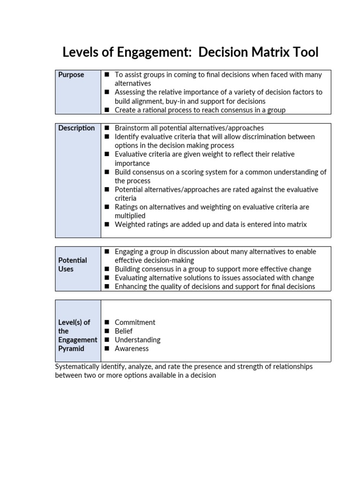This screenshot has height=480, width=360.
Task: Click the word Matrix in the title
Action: [268, 52]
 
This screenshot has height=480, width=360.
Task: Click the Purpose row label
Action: [71, 75]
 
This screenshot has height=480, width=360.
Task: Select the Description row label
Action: [76, 128]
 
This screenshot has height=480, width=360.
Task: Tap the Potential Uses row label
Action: [73, 264]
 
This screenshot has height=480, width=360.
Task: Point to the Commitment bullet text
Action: [135, 322]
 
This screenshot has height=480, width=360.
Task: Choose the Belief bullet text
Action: [124, 331]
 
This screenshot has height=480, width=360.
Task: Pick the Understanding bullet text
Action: [137, 339]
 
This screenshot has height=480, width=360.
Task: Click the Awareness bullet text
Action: [132, 348]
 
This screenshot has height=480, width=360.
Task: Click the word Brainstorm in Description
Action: [133, 128]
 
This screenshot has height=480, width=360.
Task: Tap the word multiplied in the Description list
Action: [130, 216]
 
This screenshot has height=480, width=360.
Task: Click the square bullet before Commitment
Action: [106, 322]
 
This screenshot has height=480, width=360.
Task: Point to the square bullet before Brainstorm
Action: [106, 128]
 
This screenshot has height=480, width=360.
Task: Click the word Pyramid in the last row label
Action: [71, 348]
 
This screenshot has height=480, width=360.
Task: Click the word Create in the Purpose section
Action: [125, 110]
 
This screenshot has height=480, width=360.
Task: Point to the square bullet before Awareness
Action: [106, 348]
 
